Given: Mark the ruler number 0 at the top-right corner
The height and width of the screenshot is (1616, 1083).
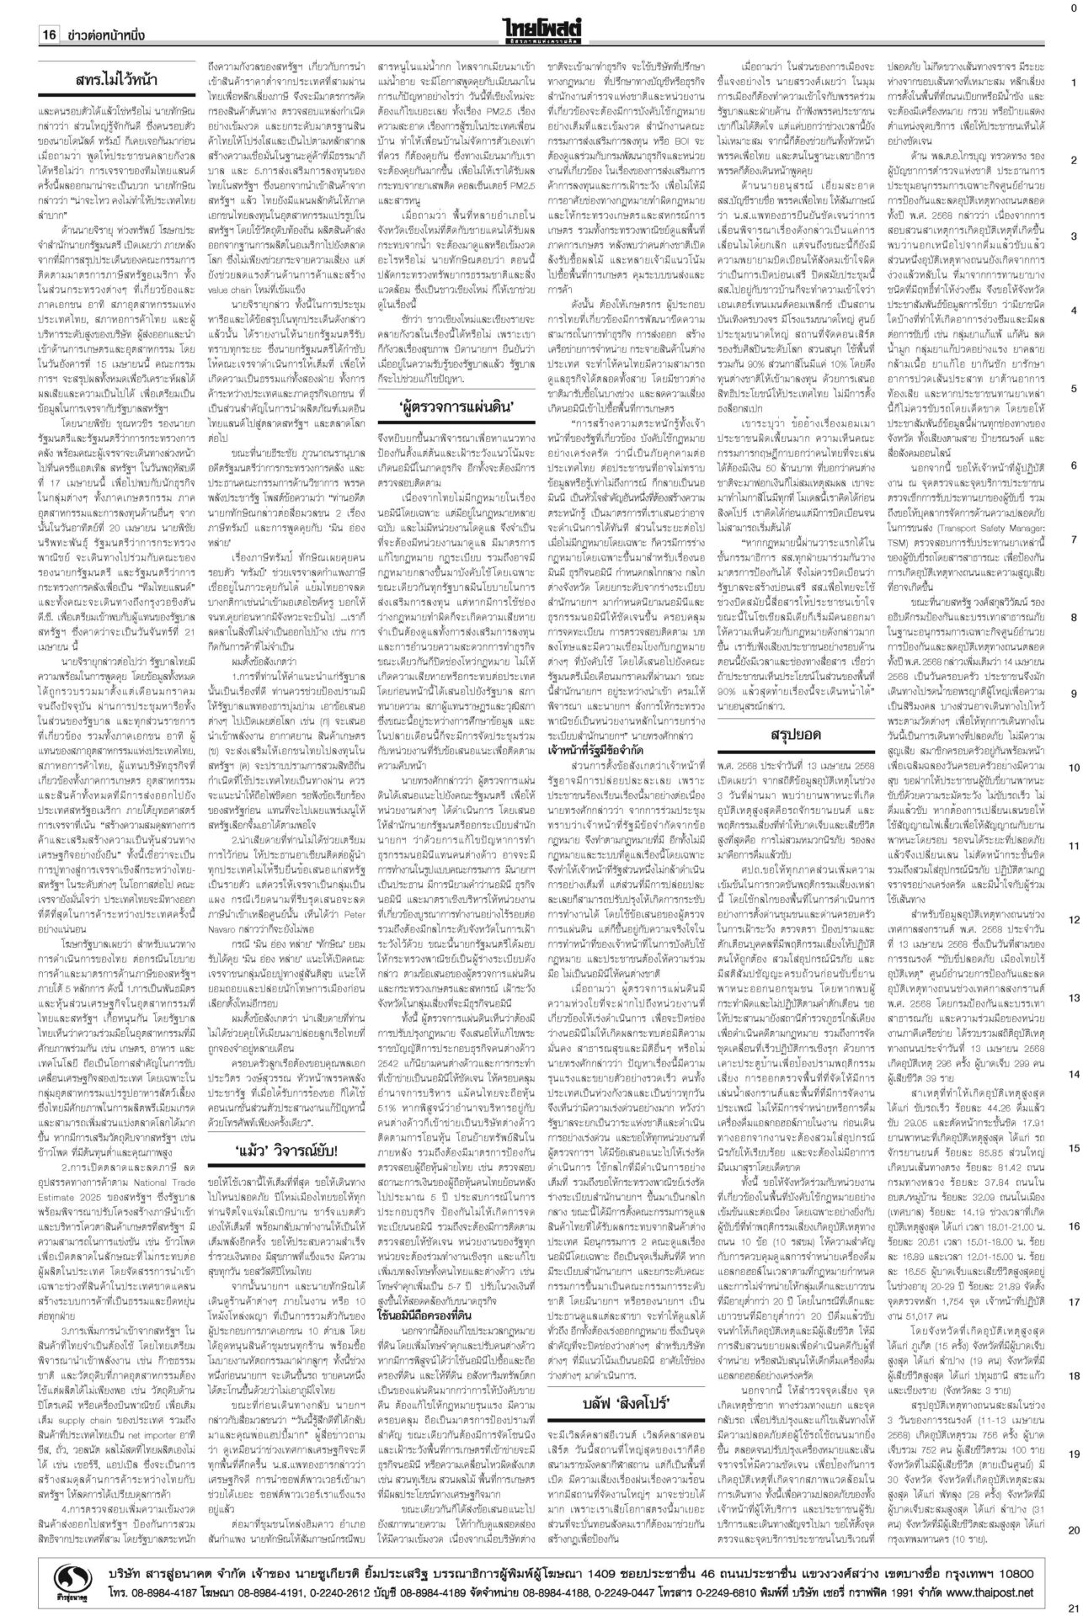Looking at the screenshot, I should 1072,8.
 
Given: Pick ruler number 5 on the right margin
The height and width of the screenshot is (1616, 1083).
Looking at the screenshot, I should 1074,388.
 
